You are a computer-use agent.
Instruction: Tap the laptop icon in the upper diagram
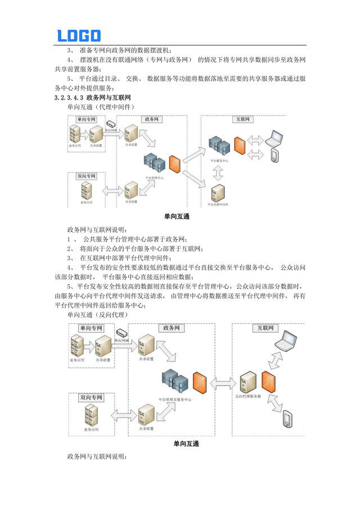(276, 137)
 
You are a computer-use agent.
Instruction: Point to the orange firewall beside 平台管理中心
(174, 164)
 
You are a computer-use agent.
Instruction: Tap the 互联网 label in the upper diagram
(242, 119)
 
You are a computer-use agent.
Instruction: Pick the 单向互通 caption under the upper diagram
(177, 215)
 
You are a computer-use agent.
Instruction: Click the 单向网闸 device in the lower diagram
(121, 334)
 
